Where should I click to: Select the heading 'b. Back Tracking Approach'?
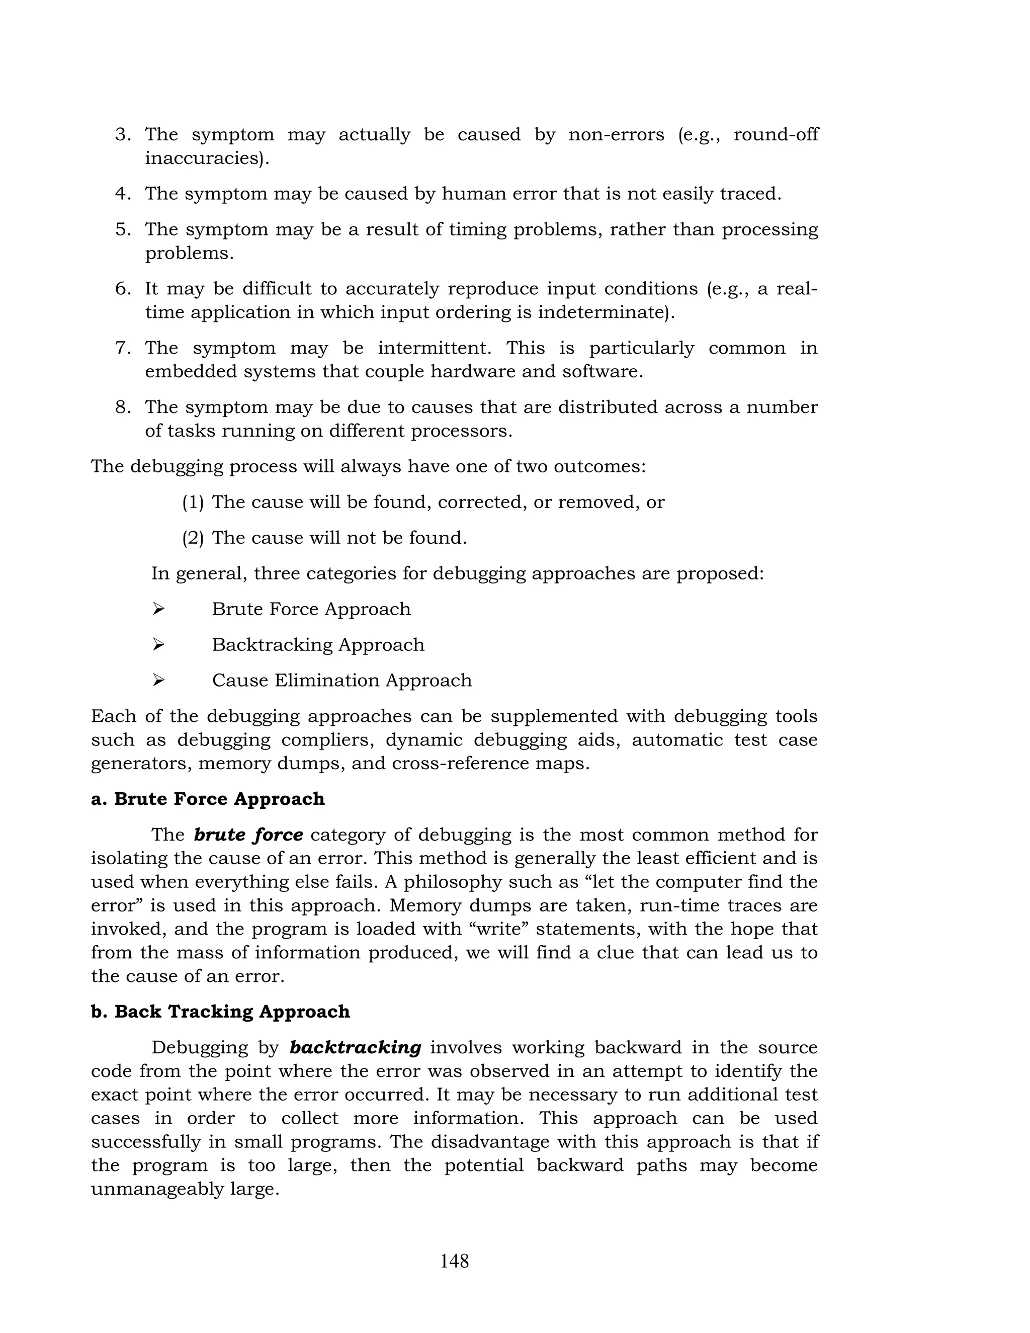point(220,1012)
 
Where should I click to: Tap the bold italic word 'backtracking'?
point(355,1047)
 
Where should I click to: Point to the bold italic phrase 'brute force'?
point(248,835)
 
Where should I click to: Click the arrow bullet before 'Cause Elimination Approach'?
point(158,680)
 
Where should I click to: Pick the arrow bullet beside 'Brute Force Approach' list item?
point(158,609)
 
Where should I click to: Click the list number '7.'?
point(123,348)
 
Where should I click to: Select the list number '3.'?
point(123,134)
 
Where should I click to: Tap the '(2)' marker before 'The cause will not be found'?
point(193,538)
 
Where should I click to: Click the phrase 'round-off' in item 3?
point(775,134)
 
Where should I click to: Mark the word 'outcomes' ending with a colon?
point(599,466)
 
